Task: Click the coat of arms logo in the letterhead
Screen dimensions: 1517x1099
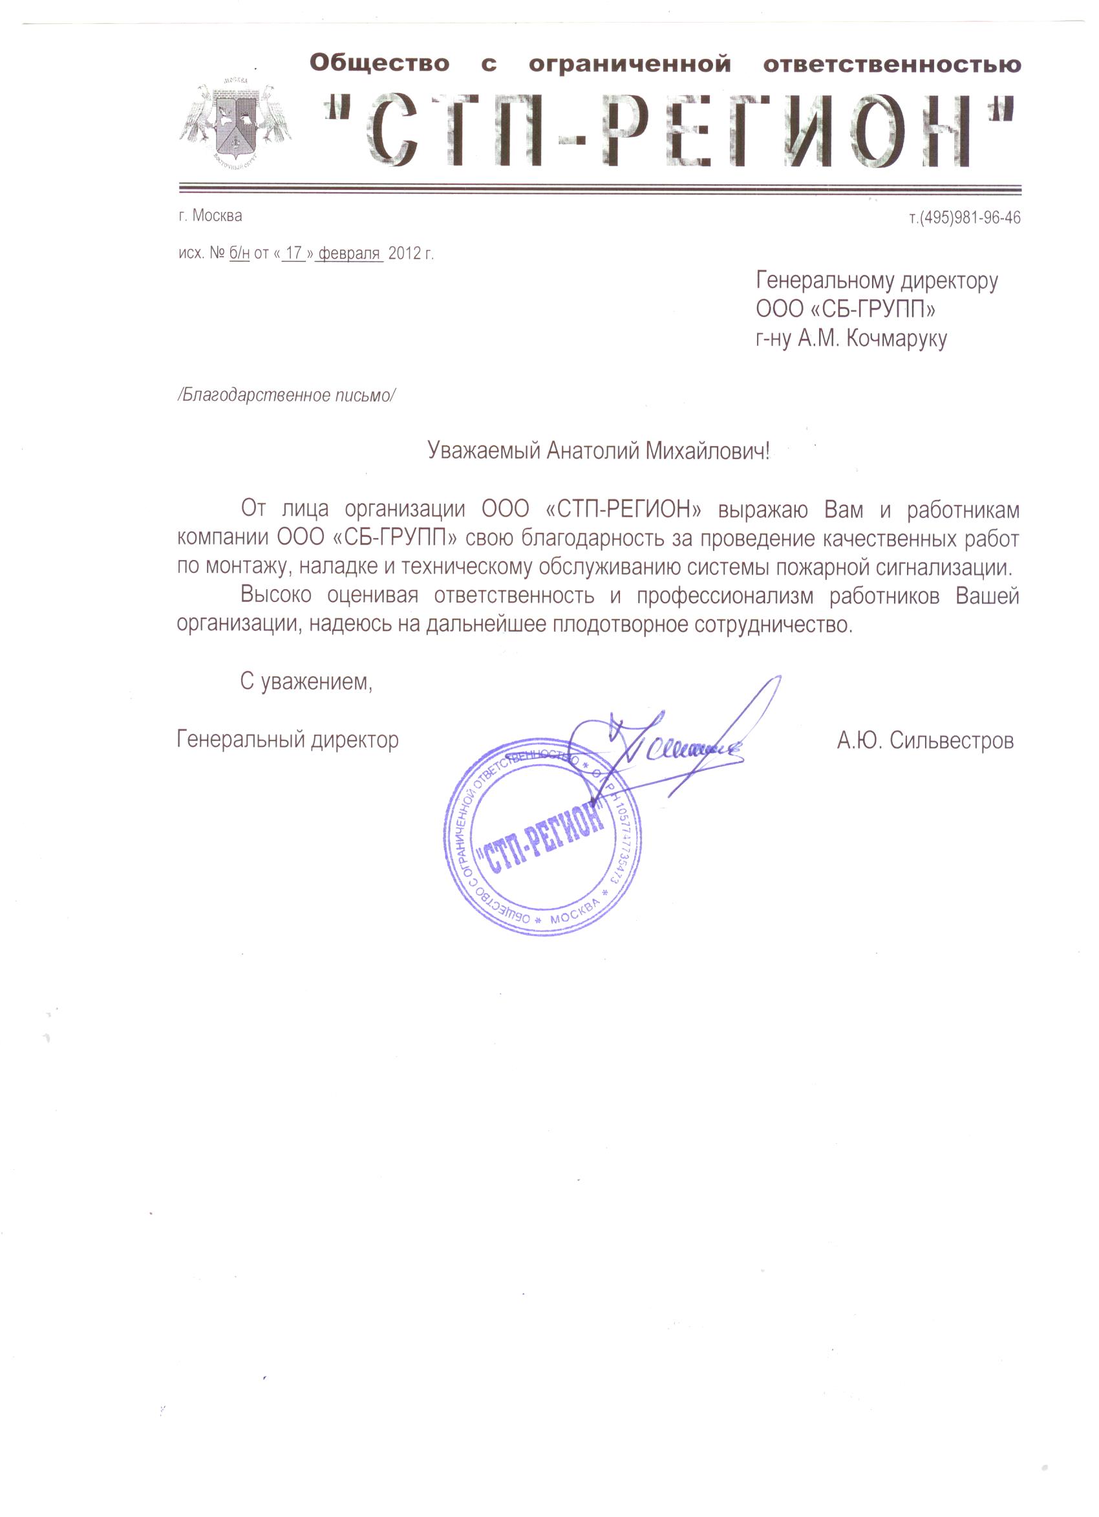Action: pyautogui.click(x=234, y=121)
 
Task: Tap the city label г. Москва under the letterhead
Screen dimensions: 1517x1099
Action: pyautogui.click(x=210, y=215)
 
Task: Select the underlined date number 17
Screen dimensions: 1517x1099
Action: pyautogui.click(x=293, y=253)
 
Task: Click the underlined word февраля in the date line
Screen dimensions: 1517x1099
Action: pyautogui.click(x=349, y=253)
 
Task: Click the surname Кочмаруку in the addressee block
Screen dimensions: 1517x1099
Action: pyautogui.click(x=896, y=339)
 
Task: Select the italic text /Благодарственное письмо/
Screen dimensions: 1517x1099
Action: pyautogui.click(x=286, y=395)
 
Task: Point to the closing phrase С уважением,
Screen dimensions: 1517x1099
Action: pyautogui.click(x=306, y=682)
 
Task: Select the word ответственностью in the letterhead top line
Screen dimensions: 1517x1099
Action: pyautogui.click(x=891, y=65)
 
